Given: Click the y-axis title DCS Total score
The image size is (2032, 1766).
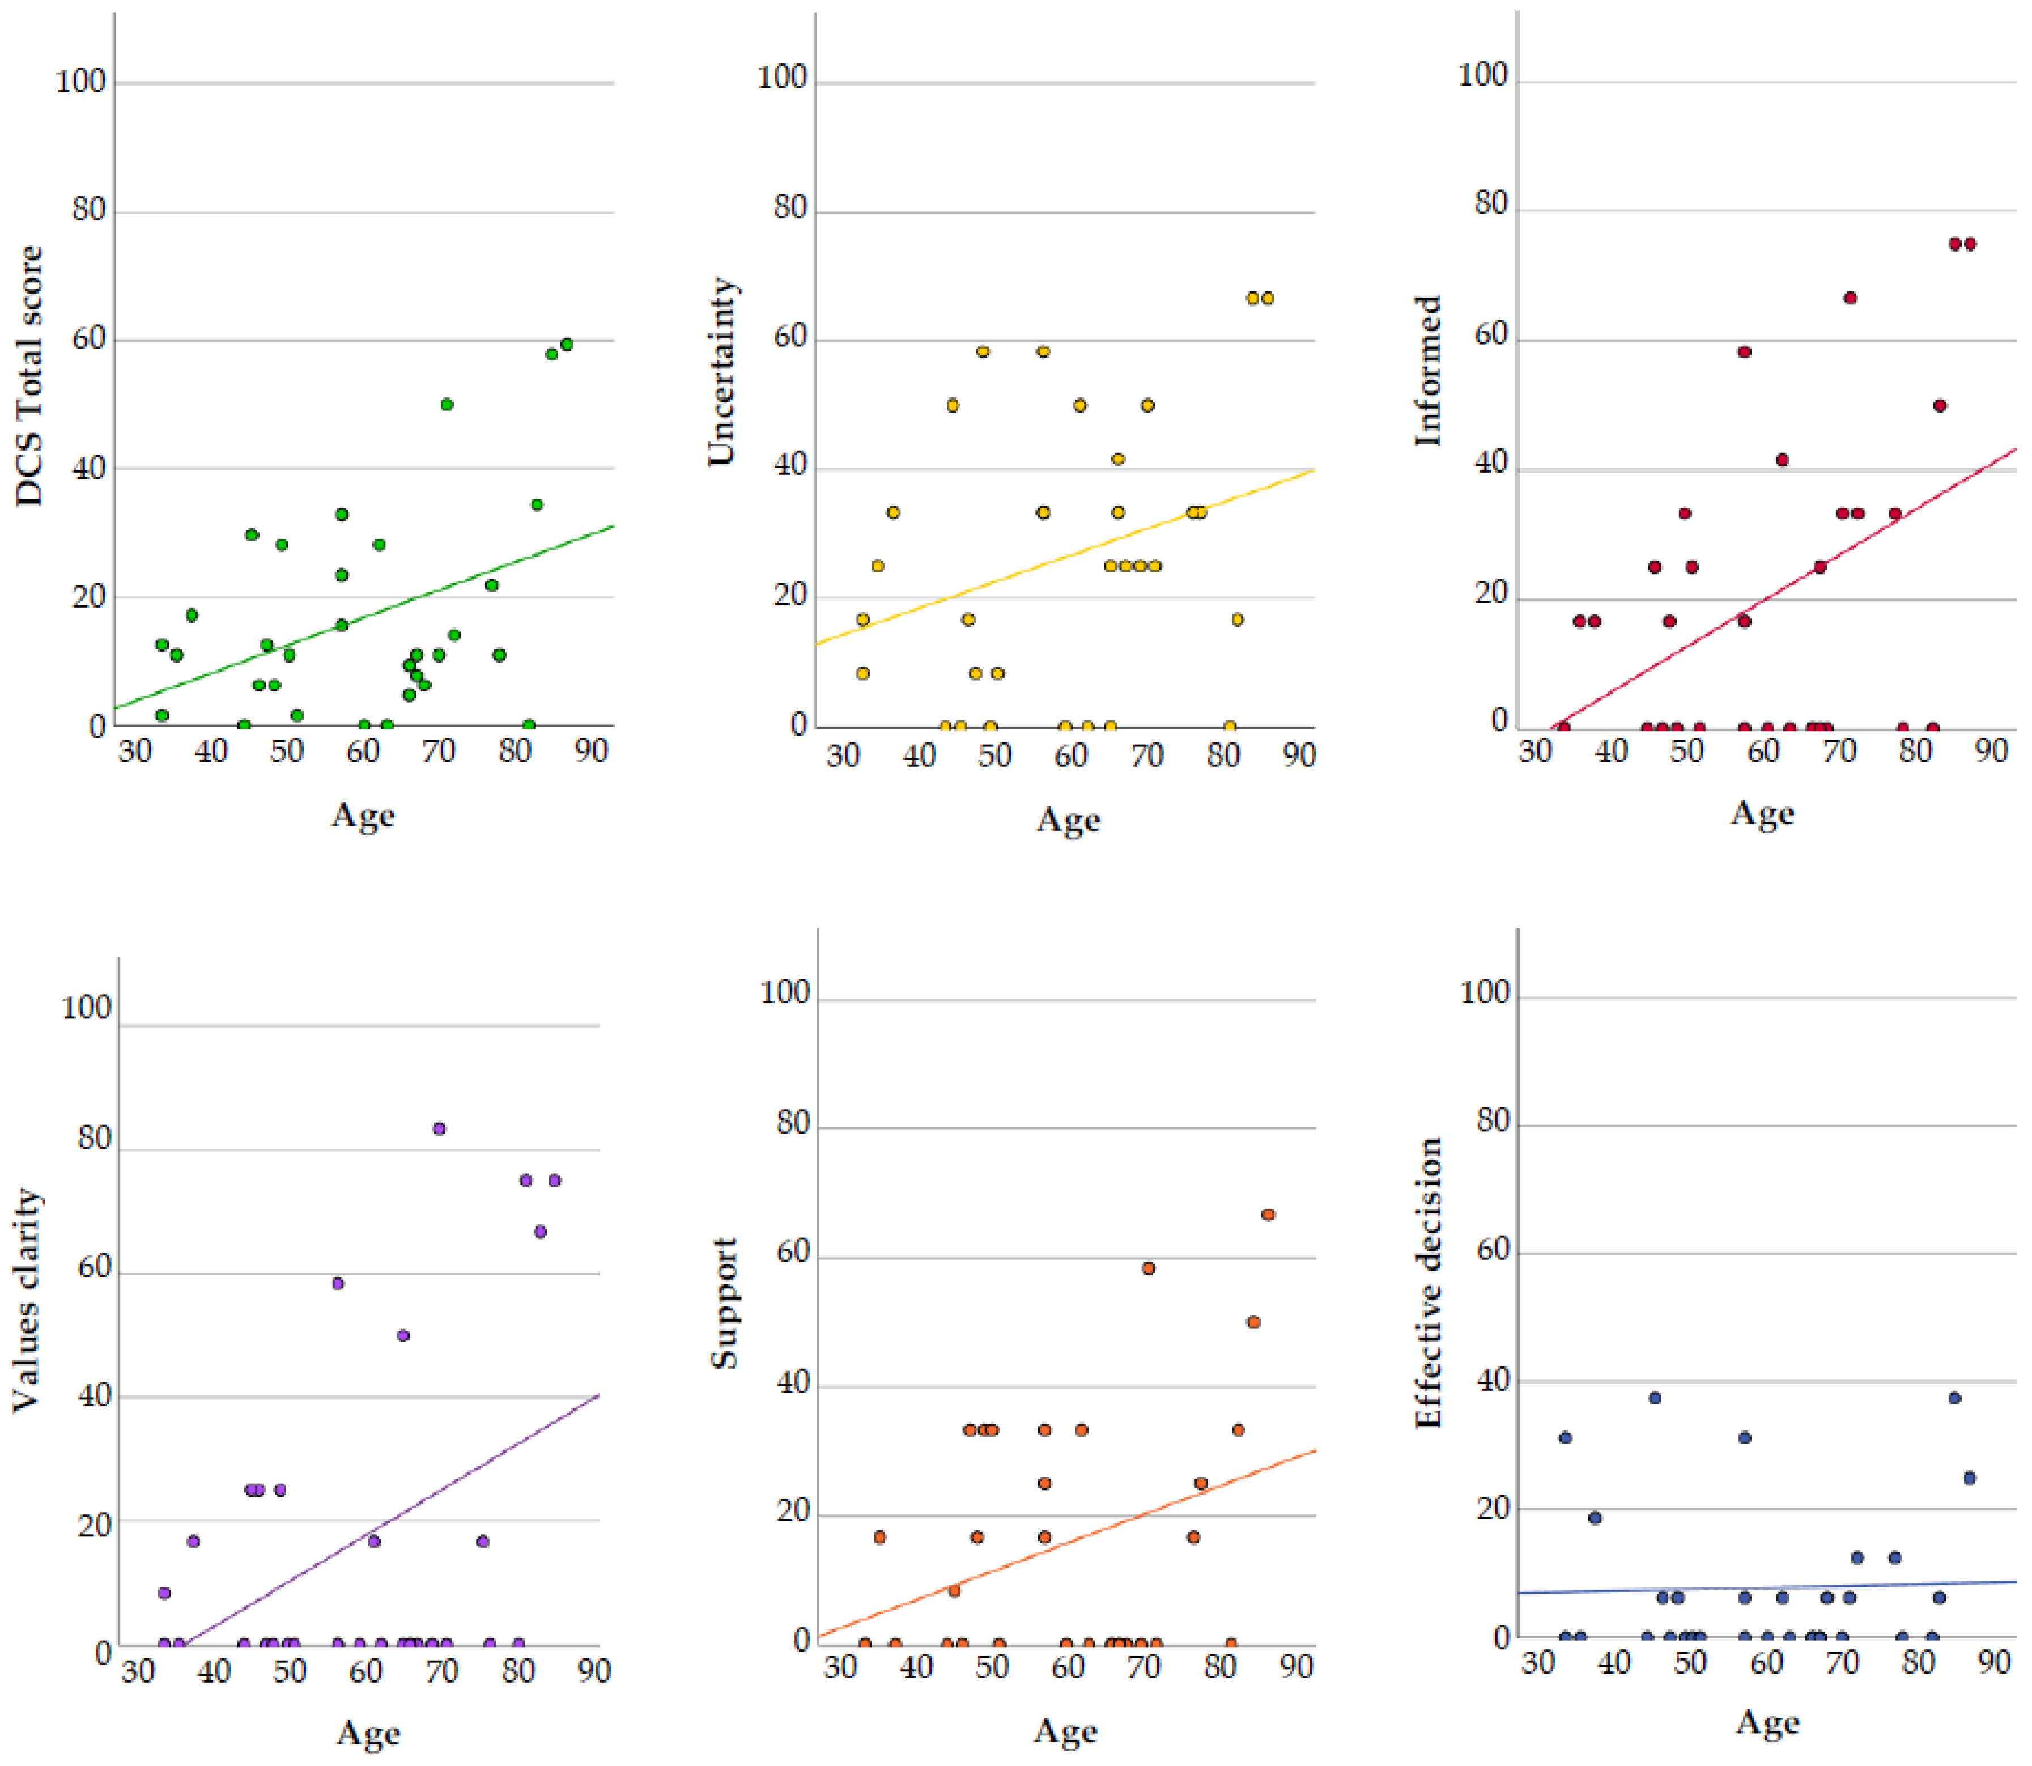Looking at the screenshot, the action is point(29,375).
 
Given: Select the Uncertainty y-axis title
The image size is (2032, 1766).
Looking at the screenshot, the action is point(722,372).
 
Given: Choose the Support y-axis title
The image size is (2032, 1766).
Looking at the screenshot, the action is point(724,1304).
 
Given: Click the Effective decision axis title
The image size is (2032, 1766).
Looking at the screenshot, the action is point(1428,1283).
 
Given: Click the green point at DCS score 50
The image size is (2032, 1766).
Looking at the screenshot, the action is point(447,404).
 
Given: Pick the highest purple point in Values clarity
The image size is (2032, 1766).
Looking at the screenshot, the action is point(440,1128).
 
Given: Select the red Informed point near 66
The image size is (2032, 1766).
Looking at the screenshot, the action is point(1850,298).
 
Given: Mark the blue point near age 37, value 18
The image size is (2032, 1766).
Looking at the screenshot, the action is point(1595,1518).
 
